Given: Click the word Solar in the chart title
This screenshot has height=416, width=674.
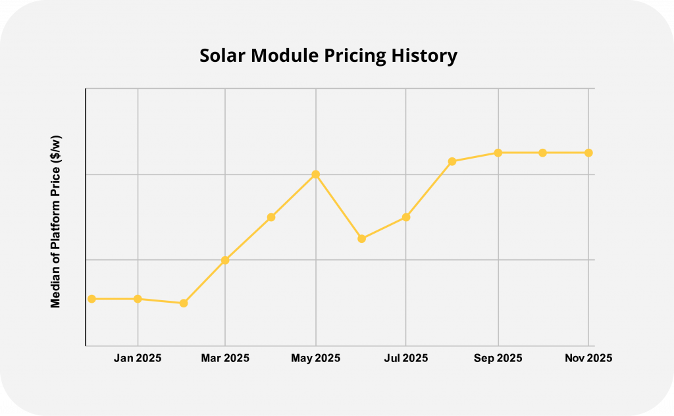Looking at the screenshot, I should click(x=222, y=57).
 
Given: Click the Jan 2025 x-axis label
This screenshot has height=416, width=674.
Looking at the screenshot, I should click(x=138, y=358).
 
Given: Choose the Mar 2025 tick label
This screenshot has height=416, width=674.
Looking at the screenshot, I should click(x=225, y=358).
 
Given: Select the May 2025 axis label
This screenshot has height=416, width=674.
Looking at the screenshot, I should click(x=316, y=358).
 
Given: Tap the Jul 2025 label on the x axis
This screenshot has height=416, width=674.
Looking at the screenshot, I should click(x=405, y=358).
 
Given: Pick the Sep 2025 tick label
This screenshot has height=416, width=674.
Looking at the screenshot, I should click(x=498, y=358).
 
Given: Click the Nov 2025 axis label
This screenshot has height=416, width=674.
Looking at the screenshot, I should click(x=588, y=358).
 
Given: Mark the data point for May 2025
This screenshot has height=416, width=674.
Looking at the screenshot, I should click(x=316, y=174).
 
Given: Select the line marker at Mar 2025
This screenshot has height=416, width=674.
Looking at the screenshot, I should click(x=225, y=260).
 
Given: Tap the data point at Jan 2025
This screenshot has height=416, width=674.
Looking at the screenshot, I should click(x=138, y=299).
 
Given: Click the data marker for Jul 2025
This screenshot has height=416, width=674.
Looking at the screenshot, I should click(x=406, y=217).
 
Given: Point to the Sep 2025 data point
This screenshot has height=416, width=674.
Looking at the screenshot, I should click(x=498, y=153).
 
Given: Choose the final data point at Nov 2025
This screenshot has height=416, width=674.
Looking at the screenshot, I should click(x=588, y=153).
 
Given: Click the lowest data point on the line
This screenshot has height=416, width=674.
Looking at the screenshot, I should click(x=184, y=303).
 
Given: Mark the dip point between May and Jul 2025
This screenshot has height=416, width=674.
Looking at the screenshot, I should click(x=361, y=238).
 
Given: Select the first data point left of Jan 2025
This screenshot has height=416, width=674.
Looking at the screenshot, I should click(x=92, y=299).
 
